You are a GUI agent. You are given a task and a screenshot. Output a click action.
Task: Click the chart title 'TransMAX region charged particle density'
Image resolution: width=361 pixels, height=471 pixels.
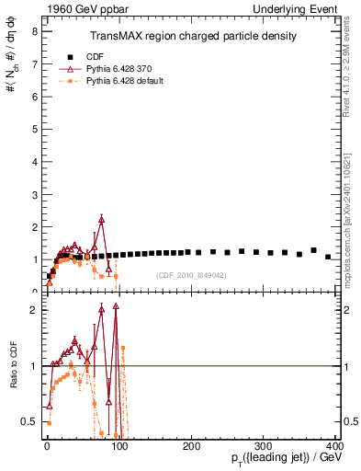(x=192, y=36)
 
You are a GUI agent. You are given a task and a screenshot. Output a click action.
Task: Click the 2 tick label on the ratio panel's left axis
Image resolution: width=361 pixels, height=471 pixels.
(x=33, y=310)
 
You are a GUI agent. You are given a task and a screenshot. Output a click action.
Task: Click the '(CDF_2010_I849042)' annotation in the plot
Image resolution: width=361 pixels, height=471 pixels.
(x=191, y=275)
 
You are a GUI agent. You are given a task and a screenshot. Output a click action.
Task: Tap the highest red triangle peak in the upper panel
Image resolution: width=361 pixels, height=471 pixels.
(x=101, y=219)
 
